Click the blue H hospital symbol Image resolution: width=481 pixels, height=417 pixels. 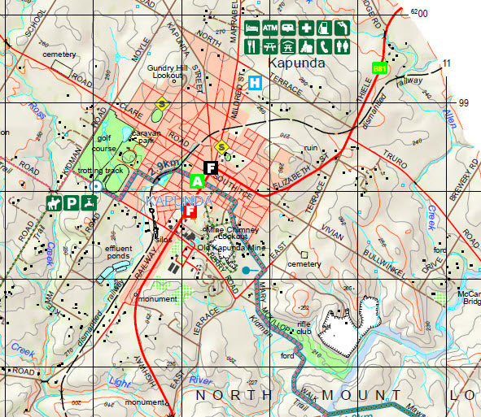coord(256,82)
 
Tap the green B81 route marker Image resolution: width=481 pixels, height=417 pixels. coord(379,68)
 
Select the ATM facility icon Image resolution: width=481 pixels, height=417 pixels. coord(270,28)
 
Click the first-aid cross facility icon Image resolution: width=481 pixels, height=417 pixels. coord(306,28)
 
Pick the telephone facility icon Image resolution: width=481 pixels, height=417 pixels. coord(324,46)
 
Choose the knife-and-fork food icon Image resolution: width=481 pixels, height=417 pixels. coord(252,46)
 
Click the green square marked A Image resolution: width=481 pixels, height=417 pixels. coord(196,181)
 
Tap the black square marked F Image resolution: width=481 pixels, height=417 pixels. coord(210,168)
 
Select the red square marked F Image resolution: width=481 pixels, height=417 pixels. coord(190,211)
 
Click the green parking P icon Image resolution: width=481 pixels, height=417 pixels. coord(72,202)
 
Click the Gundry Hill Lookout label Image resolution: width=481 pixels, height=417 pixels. coord(168,71)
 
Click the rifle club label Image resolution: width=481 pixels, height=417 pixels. coord(304,326)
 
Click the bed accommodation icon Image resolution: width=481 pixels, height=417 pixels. coord(252,28)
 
